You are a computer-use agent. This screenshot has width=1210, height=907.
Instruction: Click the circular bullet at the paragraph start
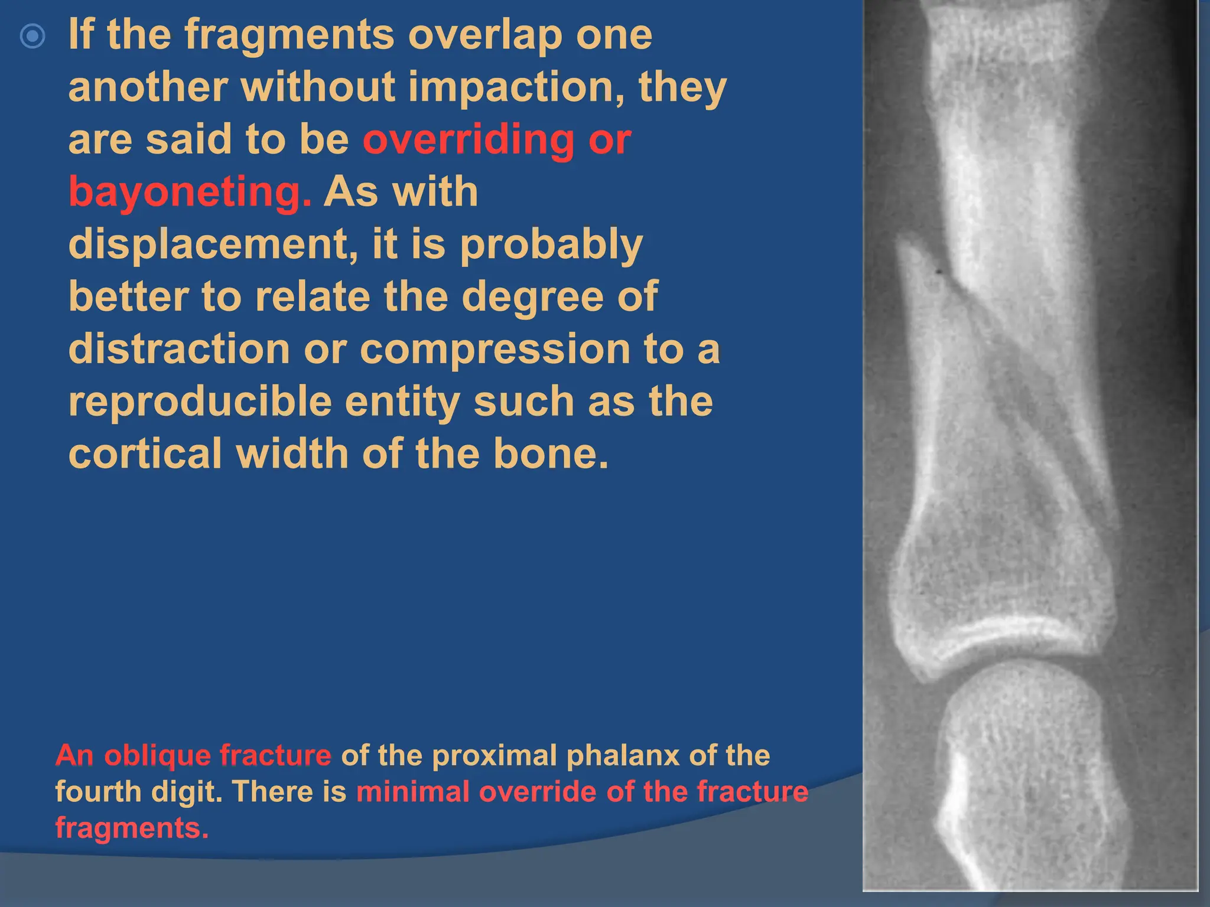click(x=32, y=36)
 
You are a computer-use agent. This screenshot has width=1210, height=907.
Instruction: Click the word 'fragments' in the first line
click(x=290, y=35)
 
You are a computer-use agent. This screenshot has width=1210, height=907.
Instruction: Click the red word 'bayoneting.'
click(x=190, y=193)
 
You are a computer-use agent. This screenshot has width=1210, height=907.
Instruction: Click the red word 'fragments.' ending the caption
click(x=132, y=827)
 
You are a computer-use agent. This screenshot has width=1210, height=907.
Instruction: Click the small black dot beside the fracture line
click(x=939, y=272)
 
